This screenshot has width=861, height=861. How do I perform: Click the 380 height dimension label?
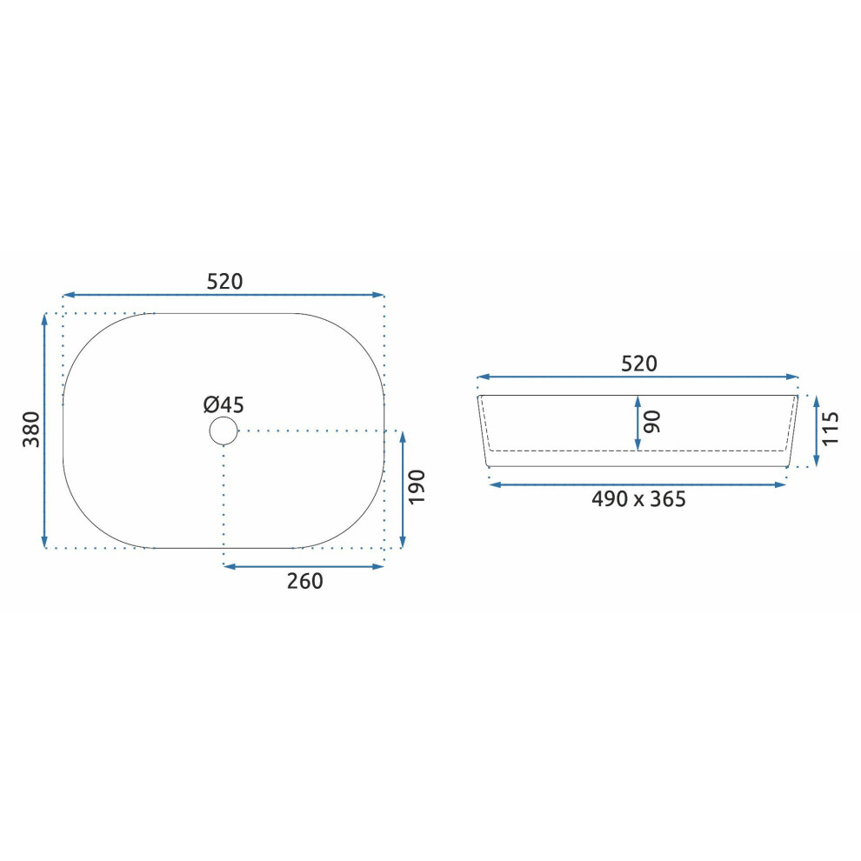click(x=31, y=429)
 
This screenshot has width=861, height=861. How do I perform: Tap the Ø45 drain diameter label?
click(x=224, y=404)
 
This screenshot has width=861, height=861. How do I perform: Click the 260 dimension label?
click(x=304, y=581)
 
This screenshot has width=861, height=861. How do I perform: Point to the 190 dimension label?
click(x=417, y=486)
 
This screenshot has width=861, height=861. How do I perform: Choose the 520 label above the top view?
click(x=224, y=282)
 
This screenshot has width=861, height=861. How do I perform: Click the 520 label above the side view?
click(x=638, y=364)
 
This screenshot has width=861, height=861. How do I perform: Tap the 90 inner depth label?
click(x=652, y=422)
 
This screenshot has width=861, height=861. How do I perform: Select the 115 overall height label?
click(x=831, y=428)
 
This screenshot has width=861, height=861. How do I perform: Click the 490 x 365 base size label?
click(x=638, y=499)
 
